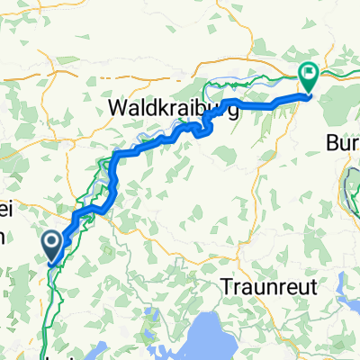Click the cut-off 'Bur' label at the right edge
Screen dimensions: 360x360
(343, 142)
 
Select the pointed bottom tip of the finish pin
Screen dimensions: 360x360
(307, 93)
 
